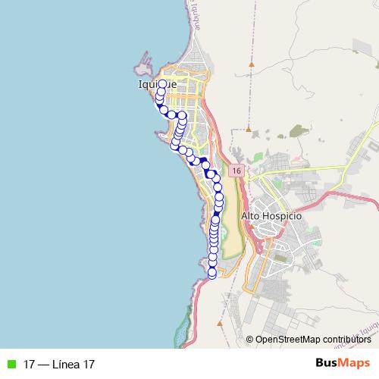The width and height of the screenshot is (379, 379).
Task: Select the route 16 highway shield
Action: pyautogui.click(x=237, y=171)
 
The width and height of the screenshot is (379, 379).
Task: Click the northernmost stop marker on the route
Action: pyautogui.click(x=162, y=84)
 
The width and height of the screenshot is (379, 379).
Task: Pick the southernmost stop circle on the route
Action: pyautogui.click(x=212, y=274)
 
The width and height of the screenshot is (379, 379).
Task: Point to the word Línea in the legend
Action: pyautogui.click(x=67, y=365)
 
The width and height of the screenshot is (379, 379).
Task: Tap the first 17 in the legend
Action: pyautogui.click(x=30, y=365)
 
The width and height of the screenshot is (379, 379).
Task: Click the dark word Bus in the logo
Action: pyautogui.click(x=327, y=363)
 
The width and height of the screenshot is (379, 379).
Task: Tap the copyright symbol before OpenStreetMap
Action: pyautogui.click(x=250, y=339)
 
